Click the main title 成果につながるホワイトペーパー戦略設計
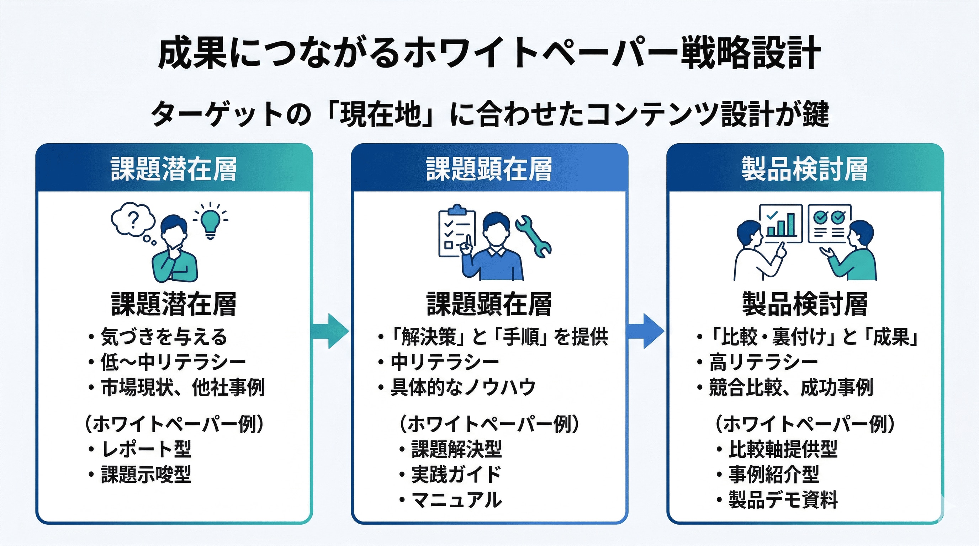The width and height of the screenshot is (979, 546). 489,53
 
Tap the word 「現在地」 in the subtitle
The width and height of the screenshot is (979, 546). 380,114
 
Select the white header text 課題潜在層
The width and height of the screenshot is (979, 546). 174,168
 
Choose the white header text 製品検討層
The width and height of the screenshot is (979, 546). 805,168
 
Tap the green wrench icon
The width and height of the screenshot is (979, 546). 533,236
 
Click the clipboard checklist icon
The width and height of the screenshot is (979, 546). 456,234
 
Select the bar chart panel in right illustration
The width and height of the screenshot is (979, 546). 780,223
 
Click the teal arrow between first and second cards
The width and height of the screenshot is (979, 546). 330,331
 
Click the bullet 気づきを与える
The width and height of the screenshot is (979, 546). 163,337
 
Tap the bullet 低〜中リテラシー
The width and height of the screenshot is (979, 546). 173,362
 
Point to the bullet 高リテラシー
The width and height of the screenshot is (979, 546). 763,362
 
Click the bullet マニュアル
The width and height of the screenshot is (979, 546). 456,499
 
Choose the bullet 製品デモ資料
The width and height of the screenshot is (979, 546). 783,499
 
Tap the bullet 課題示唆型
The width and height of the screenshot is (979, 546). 145,474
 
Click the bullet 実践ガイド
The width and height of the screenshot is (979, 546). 456,474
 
